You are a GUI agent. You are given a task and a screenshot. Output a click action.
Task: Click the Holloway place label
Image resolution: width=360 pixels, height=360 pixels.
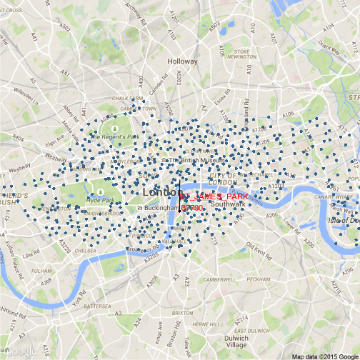point(181,62)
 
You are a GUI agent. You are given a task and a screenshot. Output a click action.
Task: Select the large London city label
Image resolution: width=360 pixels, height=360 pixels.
point(164,193)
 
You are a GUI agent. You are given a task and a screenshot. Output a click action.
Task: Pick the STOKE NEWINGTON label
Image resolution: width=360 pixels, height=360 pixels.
point(242,55)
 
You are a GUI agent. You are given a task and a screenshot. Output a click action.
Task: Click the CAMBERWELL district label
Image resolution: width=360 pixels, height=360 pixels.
point(220,280)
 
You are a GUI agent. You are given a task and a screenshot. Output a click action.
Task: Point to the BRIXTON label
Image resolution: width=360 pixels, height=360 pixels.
point(183,313)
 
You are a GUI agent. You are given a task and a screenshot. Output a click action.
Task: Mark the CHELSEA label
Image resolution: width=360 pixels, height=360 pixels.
point(84,251)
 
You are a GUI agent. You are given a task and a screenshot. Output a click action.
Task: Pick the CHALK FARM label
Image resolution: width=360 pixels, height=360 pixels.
point(127,99)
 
